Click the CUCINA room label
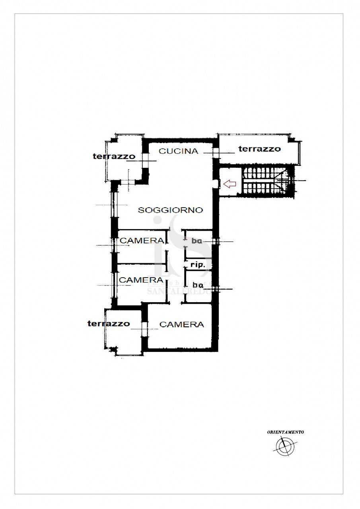(x=178, y=151)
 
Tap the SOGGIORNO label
(x=170, y=210)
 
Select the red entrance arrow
(x=230, y=184)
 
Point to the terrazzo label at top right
(x=259, y=149)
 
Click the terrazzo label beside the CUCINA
(x=114, y=156)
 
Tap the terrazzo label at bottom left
(x=108, y=324)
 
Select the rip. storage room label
(x=198, y=264)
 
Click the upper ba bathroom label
(x=197, y=241)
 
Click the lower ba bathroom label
(x=197, y=285)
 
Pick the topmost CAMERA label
(x=142, y=241)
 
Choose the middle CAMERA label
(x=141, y=280)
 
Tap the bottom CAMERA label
(x=181, y=324)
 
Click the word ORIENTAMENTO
(x=285, y=431)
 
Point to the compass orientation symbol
(x=285, y=446)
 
